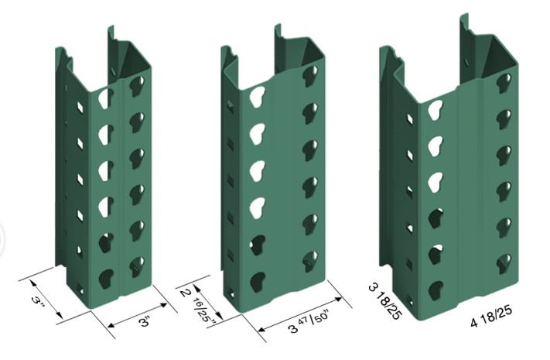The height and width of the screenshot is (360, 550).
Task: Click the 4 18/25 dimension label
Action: click(491, 317)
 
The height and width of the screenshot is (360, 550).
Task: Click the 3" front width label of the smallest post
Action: click(144, 321)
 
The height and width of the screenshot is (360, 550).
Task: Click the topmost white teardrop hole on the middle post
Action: click(257, 95)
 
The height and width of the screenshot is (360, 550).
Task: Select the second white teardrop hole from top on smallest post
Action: click(105, 132)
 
